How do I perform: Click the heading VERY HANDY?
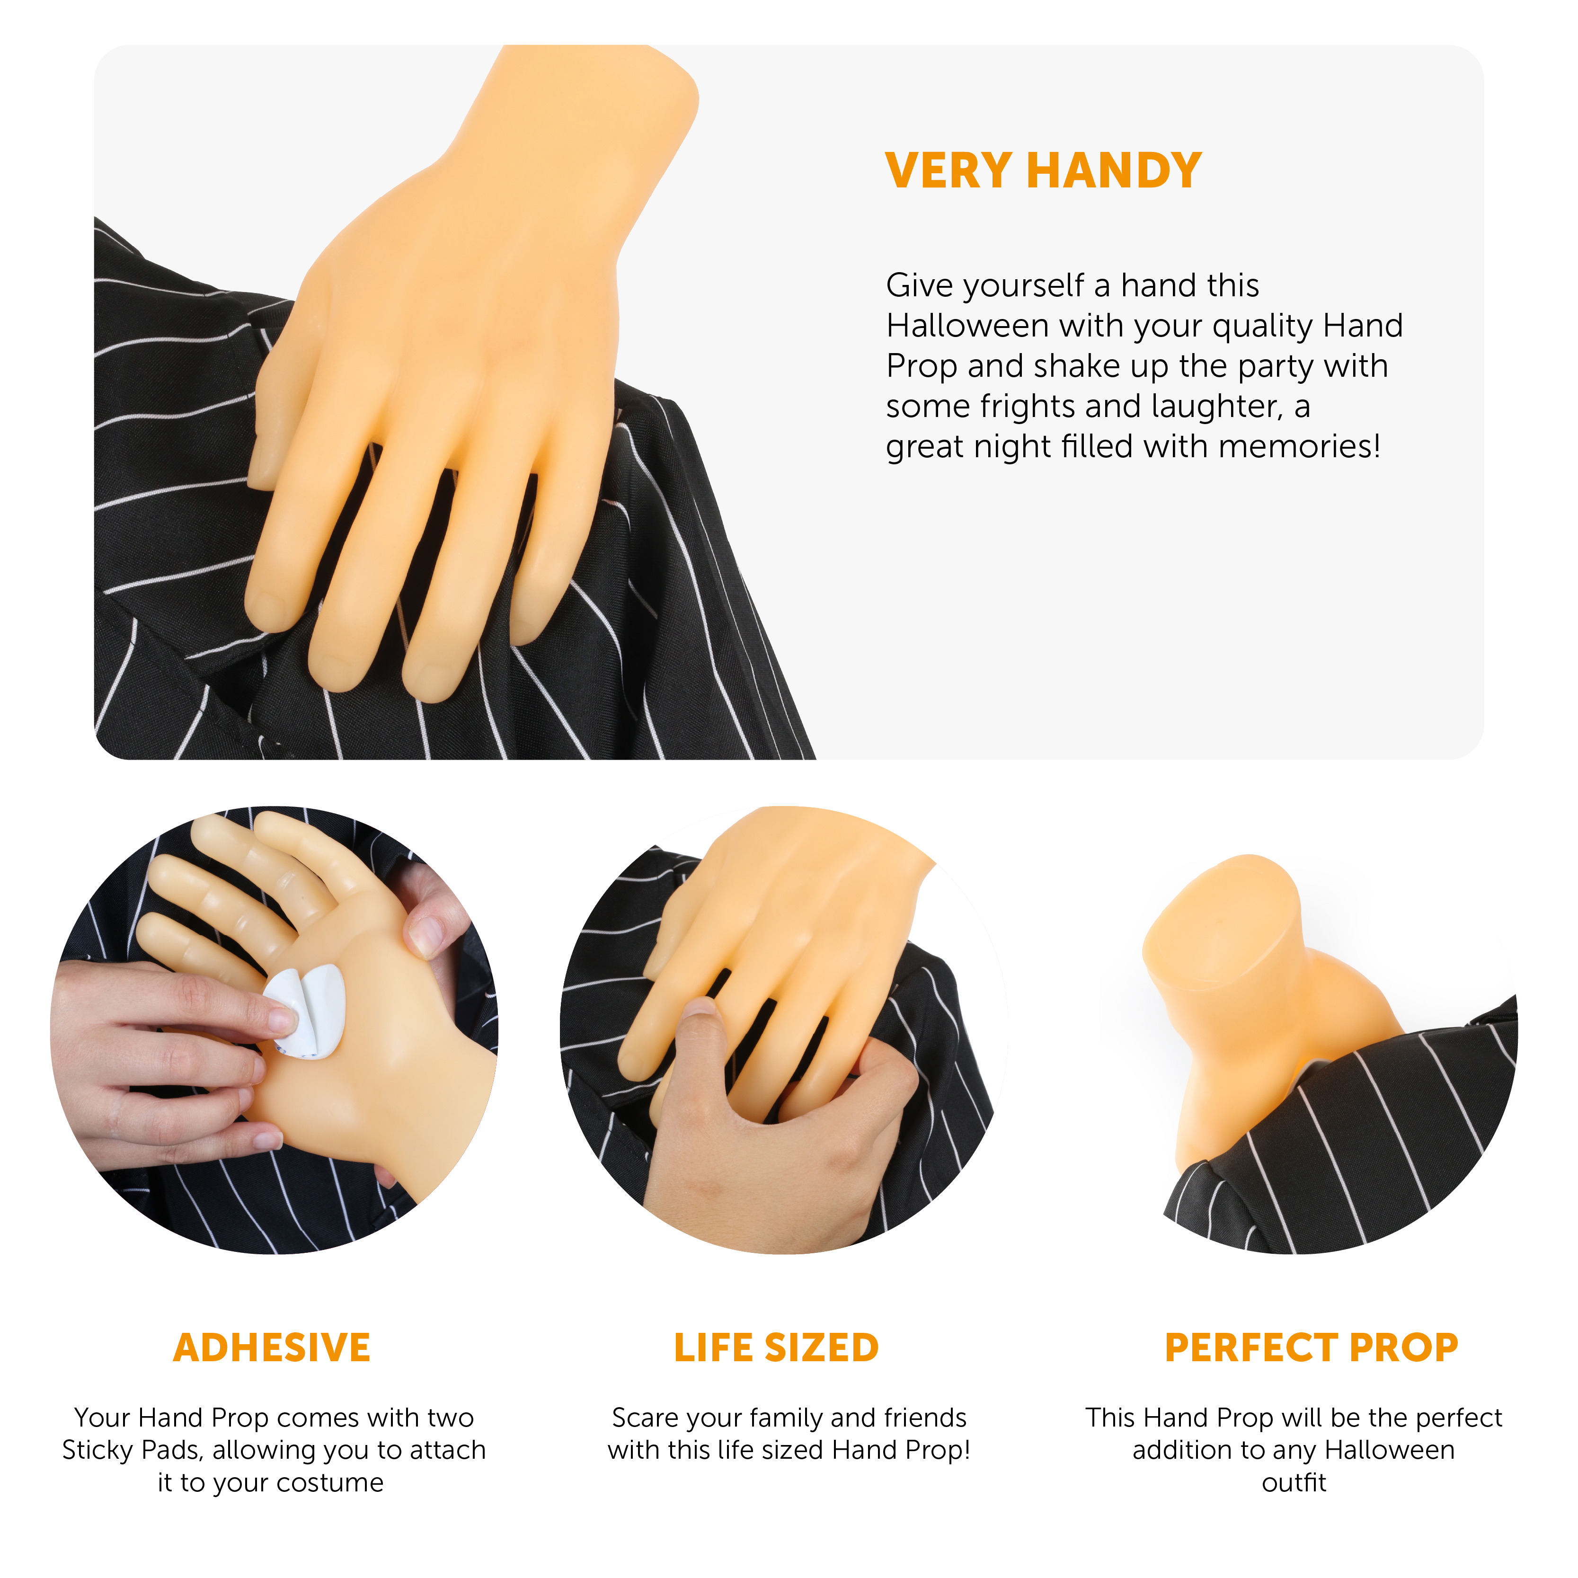pos(1043,171)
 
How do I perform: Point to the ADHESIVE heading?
pos(272,1348)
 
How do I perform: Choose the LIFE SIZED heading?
pos(776,1348)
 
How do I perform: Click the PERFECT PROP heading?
pos(1311,1348)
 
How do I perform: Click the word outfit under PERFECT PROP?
pos(1294,1482)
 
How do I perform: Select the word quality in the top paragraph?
pos(1264,327)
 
